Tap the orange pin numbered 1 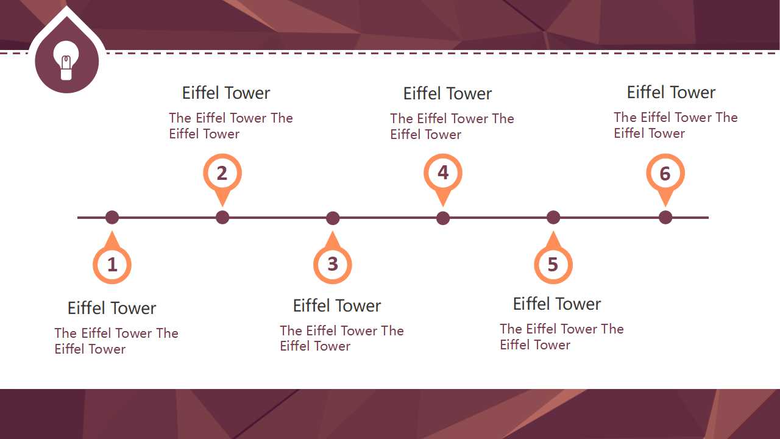(112, 265)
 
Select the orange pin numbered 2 (222, 173)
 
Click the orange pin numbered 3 (333, 264)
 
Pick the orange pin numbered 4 (443, 173)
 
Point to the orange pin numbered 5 (553, 264)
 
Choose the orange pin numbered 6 (665, 174)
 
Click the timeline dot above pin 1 (112, 217)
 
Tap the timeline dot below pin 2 (222, 217)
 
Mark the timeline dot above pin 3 (333, 218)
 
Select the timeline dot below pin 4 (443, 218)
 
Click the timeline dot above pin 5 (553, 217)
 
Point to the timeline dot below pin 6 (665, 217)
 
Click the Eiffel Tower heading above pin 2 (226, 93)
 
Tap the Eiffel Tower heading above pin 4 (447, 94)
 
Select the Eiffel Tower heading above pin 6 (671, 93)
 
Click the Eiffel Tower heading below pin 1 (112, 309)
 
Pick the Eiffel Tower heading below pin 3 (337, 306)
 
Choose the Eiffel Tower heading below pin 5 (557, 304)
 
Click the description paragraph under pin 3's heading (341, 338)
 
